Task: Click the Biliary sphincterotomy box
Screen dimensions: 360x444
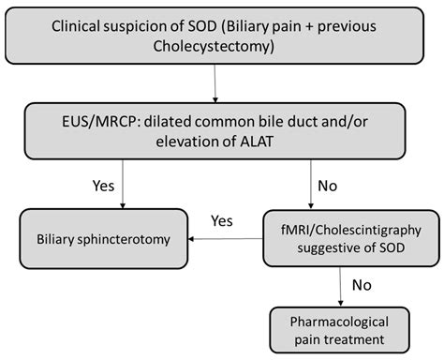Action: tap(104, 239)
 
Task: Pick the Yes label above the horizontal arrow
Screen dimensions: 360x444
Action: tap(222, 221)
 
